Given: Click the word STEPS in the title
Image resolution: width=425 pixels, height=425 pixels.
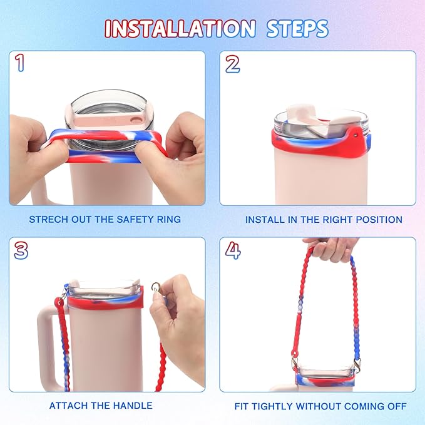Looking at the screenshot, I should click(x=297, y=28).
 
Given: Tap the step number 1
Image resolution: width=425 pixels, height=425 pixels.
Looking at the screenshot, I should click(x=21, y=63).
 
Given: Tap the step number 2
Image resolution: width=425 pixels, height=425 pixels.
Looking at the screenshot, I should click(x=232, y=63).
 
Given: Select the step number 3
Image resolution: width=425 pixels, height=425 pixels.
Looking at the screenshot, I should click(x=21, y=250).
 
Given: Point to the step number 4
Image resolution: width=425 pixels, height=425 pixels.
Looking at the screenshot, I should click(x=233, y=250).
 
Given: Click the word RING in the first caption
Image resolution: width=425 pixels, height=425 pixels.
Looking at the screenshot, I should click(x=168, y=220).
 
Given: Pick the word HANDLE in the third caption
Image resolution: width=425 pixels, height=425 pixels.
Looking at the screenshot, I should click(x=133, y=406).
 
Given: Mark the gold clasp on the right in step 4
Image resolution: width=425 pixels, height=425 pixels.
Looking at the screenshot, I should click(x=356, y=364).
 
